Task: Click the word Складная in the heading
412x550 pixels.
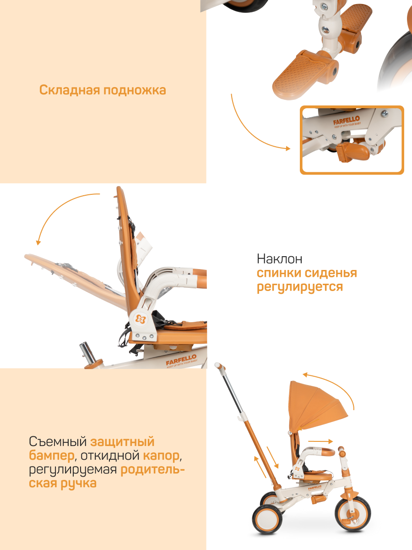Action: tap(70, 90)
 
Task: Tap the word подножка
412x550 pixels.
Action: tap(135, 90)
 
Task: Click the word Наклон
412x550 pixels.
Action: tap(279, 258)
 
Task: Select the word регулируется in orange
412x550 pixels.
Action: tap(300, 286)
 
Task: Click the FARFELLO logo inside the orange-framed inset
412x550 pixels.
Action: tap(347, 121)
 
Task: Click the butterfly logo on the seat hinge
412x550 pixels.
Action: tap(141, 319)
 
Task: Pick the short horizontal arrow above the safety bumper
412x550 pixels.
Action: tap(320, 441)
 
